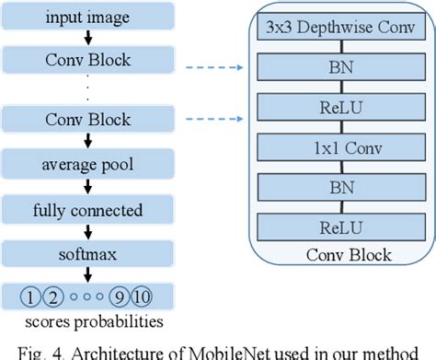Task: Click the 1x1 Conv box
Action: (x=345, y=145)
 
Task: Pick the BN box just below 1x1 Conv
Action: (x=345, y=187)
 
